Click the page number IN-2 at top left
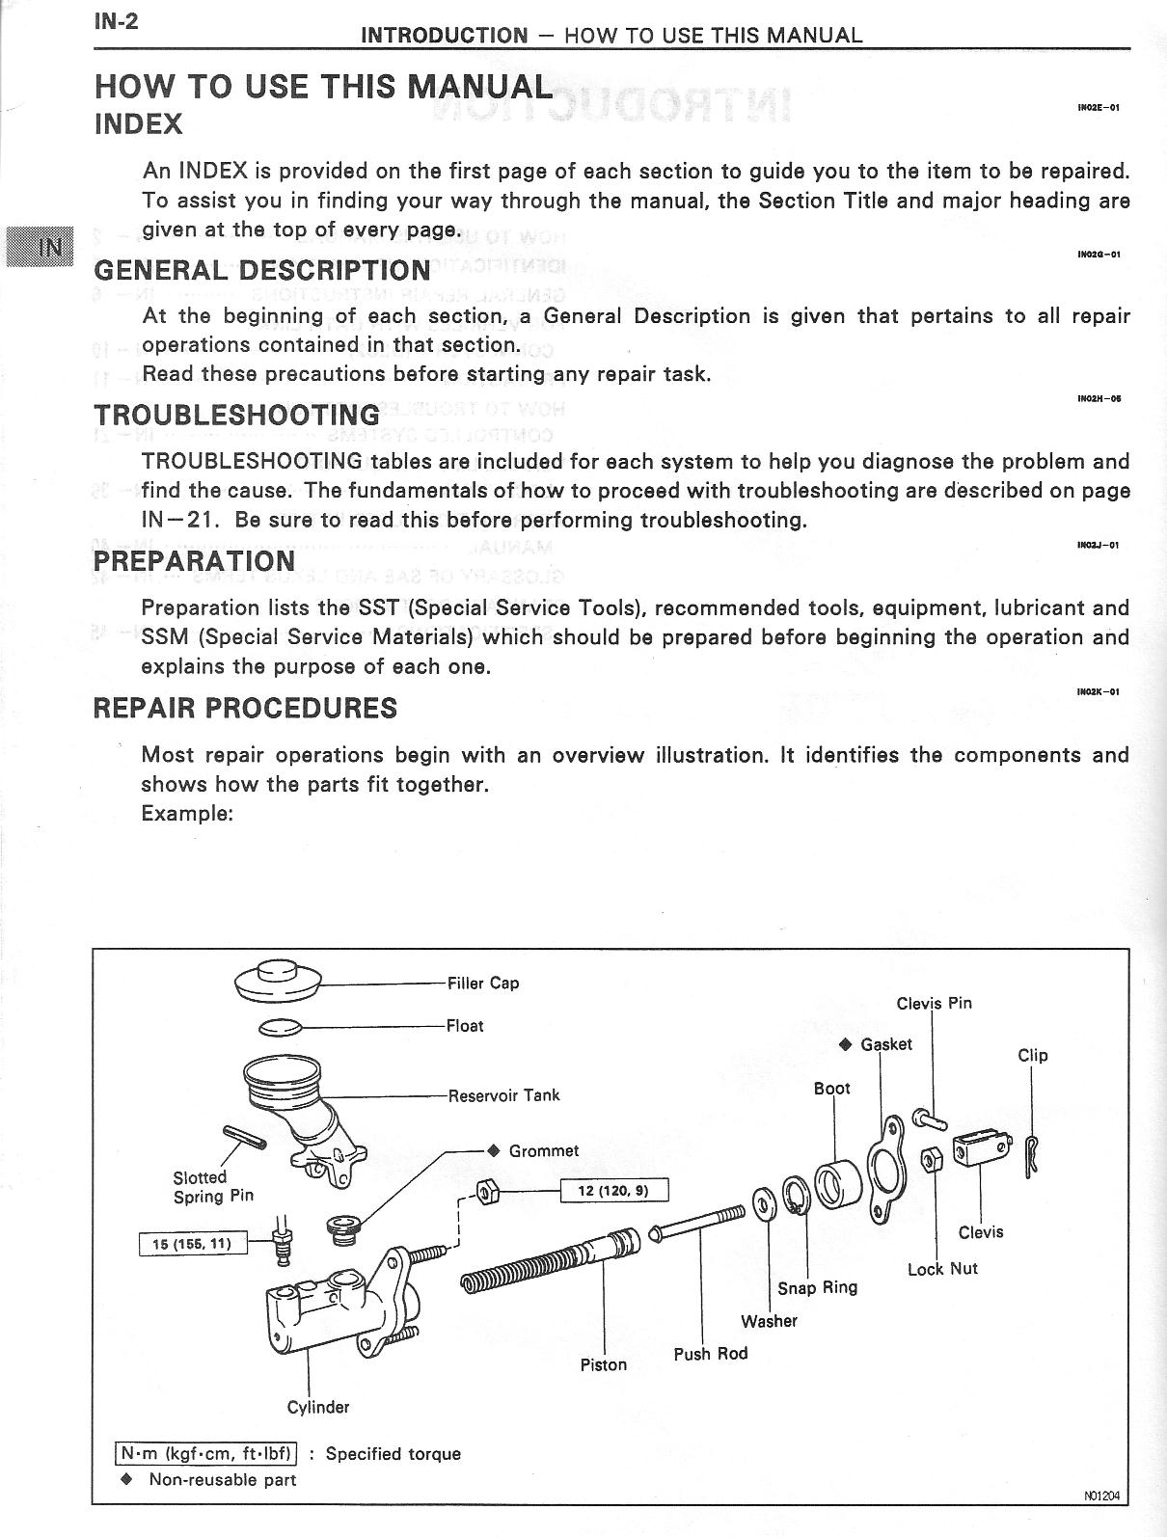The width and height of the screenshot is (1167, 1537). [116, 20]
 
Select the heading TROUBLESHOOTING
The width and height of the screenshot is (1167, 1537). [236, 415]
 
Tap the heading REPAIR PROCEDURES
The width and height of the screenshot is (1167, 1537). [245, 708]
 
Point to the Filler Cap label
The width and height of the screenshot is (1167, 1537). [482, 984]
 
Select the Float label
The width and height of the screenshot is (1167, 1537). [465, 1026]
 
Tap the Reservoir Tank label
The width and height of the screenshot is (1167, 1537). [503, 1095]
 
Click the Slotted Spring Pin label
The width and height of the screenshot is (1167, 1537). [213, 1187]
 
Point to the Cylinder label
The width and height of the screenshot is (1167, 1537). [318, 1407]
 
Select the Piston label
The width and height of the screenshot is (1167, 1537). [604, 1364]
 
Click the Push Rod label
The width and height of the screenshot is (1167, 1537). [711, 1354]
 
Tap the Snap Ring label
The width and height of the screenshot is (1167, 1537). [818, 1287]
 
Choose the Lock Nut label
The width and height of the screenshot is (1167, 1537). [942, 1269]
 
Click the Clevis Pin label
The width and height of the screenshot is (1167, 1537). [934, 1003]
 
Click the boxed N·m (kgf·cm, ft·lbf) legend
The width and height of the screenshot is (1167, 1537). [206, 1453]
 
